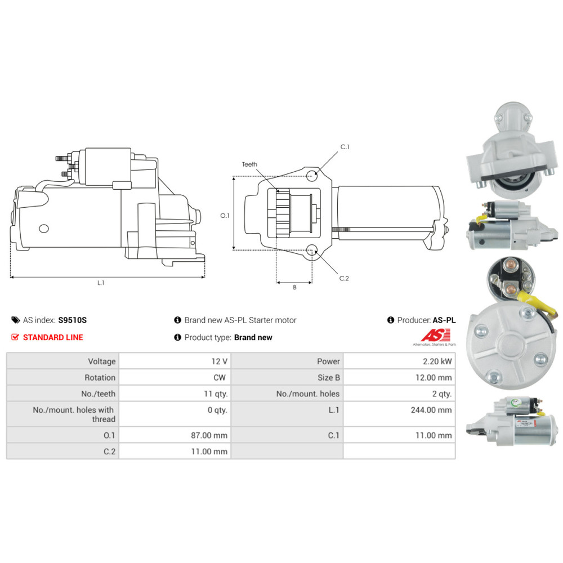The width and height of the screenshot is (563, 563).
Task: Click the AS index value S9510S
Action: (73, 320)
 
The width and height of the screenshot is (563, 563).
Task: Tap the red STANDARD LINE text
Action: (52, 337)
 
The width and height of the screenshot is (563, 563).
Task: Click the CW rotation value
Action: (220, 377)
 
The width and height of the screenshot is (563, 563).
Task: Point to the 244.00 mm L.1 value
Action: (431, 410)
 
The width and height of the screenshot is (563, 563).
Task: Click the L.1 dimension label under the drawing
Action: (101, 283)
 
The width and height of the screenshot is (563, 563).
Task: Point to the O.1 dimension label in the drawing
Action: (225, 216)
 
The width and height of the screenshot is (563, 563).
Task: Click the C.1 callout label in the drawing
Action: (345, 148)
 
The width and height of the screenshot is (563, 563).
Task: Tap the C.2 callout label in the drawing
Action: (344, 278)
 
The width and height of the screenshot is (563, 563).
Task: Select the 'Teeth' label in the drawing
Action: (249, 164)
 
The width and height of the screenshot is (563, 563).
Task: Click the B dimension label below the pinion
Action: (294, 287)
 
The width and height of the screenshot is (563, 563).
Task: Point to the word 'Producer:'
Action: (414, 320)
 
